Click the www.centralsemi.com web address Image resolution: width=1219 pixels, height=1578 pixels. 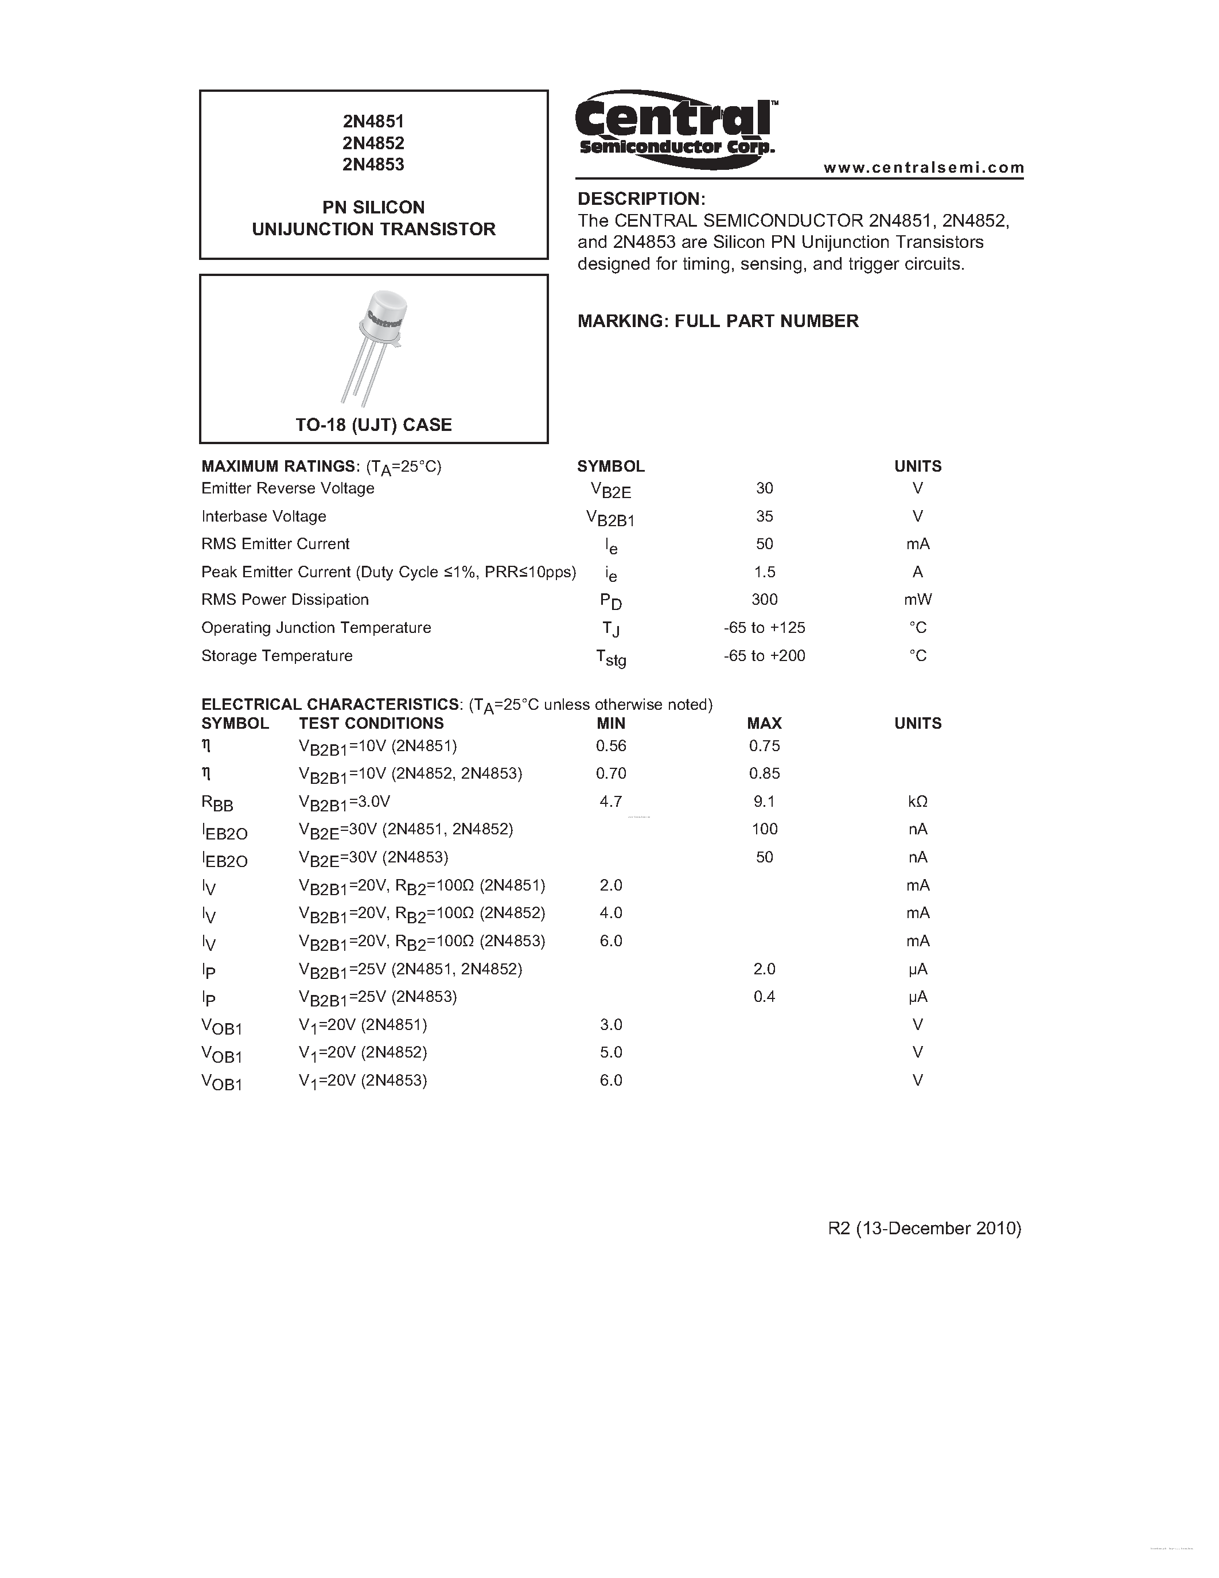(x=924, y=168)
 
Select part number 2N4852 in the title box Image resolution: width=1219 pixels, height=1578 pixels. (x=373, y=143)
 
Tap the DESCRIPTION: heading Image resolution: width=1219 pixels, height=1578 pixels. (x=641, y=199)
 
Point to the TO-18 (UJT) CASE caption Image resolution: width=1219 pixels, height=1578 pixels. (x=373, y=425)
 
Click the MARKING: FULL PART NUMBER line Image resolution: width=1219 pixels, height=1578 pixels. (x=718, y=321)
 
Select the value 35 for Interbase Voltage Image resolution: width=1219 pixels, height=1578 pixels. (x=764, y=516)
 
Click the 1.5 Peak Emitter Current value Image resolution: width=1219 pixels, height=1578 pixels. (x=764, y=572)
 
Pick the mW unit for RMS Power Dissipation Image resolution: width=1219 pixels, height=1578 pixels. (x=917, y=600)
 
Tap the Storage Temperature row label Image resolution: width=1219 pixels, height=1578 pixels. (x=276, y=656)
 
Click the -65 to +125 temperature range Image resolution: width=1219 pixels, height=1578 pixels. (x=764, y=628)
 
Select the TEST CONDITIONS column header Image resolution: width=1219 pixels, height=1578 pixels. (x=371, y=723)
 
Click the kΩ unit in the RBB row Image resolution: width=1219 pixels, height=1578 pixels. (x=917, y=801)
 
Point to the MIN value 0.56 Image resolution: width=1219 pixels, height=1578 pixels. (x=611, y=745)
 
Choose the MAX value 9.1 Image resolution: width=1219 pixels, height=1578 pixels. (x=764, y=801)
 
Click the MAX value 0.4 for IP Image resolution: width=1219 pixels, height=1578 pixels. (x=764, y=997)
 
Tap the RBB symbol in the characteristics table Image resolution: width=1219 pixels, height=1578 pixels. (x=217, y=803)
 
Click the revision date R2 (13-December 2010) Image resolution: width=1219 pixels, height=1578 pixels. (x=924, y=1229)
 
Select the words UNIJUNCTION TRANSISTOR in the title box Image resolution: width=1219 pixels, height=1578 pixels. (x=373, y=229)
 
